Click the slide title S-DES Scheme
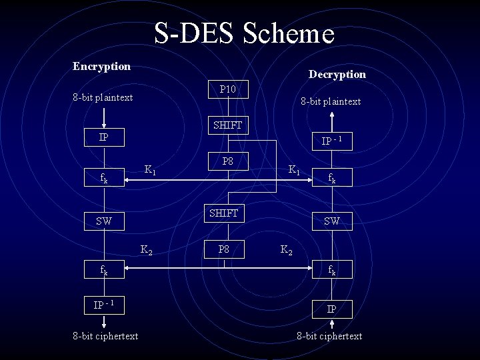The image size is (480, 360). click(244, 33)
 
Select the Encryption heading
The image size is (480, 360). click(101, 66)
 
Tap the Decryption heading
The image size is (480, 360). click(337, 75)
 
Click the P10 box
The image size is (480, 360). click(227, 88)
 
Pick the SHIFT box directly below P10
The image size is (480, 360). click(227, 125)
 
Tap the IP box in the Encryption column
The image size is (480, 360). click(103, 137)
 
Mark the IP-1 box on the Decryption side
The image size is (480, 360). click(331, 141)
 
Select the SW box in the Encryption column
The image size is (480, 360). click(103, 221)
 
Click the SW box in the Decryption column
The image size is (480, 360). click(331, 221)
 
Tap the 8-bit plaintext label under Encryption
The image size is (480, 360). click(103, 97)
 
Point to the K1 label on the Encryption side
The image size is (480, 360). click(151, 170)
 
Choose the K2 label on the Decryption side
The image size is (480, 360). click(285, 251)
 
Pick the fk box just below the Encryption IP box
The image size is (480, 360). click(103, 178)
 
